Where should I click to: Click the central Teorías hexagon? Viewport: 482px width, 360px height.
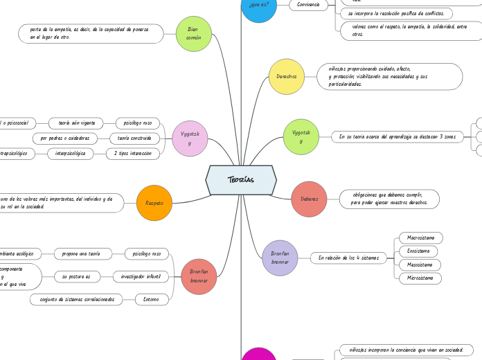coord(241,180)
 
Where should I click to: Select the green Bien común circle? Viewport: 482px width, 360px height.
coord(194,34)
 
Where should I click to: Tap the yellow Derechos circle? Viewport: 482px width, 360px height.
coord(286,77)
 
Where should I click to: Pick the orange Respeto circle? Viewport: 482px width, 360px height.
coord(154,203)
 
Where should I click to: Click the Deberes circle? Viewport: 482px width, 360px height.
coord(309,199)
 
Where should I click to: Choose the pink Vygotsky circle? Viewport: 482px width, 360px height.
coord(190,138)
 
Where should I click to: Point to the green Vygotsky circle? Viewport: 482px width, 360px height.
coord(301,136)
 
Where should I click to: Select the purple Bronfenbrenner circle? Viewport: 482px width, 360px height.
coord(280,258)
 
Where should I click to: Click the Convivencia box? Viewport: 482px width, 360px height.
coord(308,4)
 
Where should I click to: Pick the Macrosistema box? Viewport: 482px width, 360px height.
coord(420,237)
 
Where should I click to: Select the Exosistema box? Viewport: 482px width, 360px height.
coord(418,251)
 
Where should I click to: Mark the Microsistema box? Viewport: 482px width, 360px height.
coord(420,278)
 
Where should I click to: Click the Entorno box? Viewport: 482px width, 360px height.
coord(152,300)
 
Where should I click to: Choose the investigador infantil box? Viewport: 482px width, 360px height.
coord(141,277)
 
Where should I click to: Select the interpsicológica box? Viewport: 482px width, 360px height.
coord(70,154)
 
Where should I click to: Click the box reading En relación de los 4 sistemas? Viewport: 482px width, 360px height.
coord(348,258)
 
